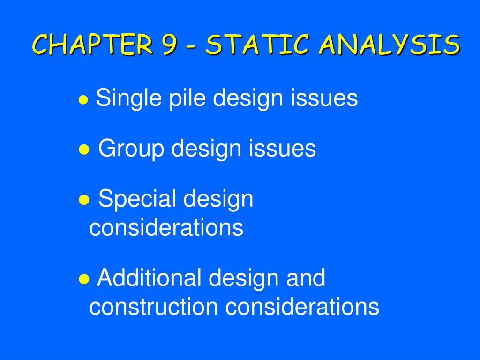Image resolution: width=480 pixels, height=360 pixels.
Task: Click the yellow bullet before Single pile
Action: [84, 99]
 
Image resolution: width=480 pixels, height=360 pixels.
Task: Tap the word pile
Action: [181, 98]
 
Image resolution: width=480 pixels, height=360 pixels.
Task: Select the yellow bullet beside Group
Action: [84, 149]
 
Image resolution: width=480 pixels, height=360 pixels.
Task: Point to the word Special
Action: [137, 199]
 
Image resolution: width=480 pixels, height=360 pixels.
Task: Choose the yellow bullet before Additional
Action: [84, 278]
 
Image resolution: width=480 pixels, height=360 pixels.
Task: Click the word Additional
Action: [149, 277]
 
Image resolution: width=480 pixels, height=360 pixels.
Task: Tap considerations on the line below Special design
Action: [166, 228]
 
